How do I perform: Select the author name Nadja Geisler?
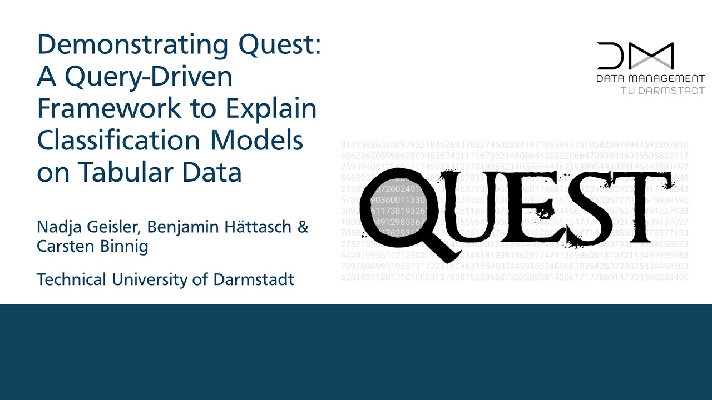click(x=87, y=227)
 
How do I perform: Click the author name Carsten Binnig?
click(x=92, y=246)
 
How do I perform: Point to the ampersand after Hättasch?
click(x=302, y=227)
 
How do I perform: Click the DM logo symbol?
click(x=635, y=56)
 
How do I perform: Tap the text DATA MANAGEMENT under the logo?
click(x=650, y=79)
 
